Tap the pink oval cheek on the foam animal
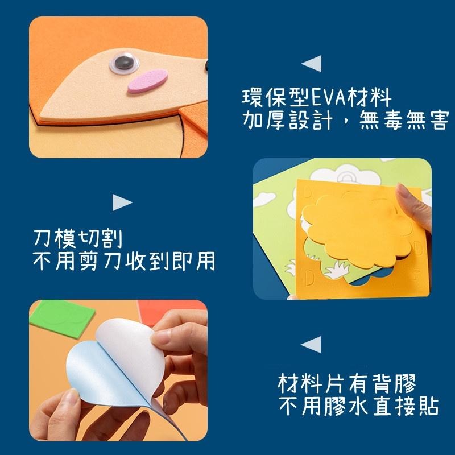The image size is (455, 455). (147, 81)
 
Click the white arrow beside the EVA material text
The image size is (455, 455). (311, 64)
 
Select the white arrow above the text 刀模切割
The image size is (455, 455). (122, 202)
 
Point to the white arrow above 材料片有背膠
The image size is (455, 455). (311, 344)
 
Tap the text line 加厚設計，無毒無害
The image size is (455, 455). (345, 121)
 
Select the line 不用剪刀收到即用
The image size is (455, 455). (124, 261)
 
